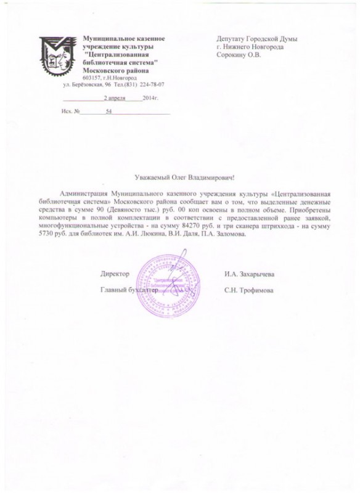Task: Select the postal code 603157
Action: [x=91, y=77]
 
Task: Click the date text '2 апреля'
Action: [x=115, y=98]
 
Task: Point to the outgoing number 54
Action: [x=109, y=113]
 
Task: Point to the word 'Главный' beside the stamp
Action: [x=113, y=290]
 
